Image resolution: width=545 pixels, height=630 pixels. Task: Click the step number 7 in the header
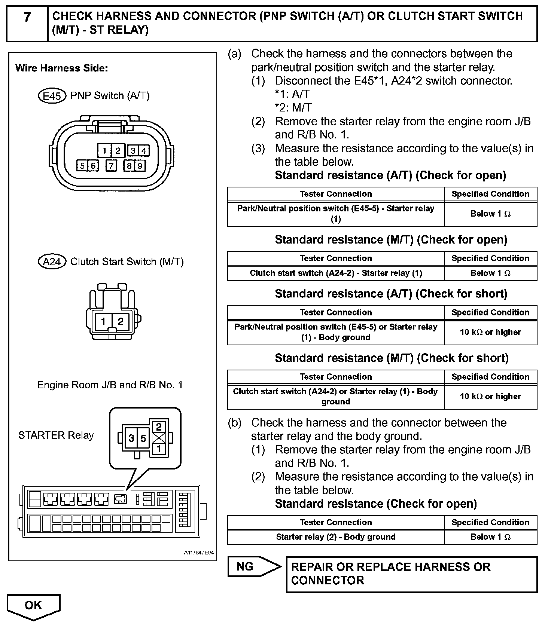[x=27, y=18]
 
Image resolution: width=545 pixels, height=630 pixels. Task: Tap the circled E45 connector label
[x=52, y=96]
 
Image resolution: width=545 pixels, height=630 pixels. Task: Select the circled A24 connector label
[x=52, y=262]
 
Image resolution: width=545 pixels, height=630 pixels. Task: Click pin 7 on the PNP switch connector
[x=111, y=166]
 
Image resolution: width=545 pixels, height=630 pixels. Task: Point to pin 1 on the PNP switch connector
[x=104, y=151]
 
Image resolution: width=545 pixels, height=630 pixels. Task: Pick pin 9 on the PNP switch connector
[x=140, y=166]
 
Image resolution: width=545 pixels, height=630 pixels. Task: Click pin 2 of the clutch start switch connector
[x=121, y=321]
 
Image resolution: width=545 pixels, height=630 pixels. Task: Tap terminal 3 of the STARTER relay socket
[x=131, y=438]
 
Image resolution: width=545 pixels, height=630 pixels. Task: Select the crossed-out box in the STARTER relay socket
[x=159, y=438]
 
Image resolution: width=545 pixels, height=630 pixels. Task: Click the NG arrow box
[x=253, y=567]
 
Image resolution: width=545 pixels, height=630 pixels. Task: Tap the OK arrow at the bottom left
[x=33, y=605]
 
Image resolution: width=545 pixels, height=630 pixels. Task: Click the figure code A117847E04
[x=198, y=553]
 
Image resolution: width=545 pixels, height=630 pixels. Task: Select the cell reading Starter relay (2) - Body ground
[x=336, y=537]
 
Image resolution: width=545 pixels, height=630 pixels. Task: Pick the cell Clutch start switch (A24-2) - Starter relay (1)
[x=336, y=273]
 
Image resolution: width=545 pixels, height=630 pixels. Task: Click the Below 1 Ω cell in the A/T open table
[x=490, y=214]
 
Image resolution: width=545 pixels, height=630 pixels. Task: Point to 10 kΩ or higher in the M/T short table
[x=490, y=396]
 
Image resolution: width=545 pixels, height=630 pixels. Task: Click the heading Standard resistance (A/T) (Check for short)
[x=391, y=294]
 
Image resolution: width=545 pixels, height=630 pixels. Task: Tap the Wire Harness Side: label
[x=61, y=68]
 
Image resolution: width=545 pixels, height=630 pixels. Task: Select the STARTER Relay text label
[x=56, y=435]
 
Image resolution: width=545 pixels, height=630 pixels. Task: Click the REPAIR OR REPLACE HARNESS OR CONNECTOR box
[x=411, y=574]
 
